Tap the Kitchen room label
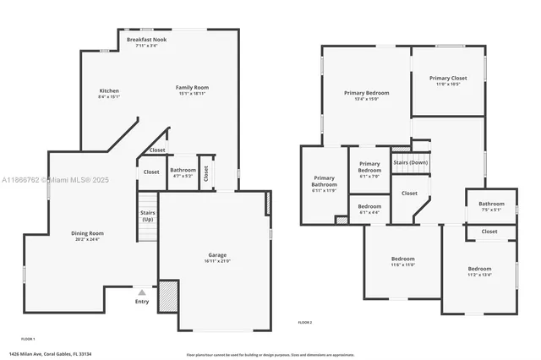click(x=109, y=90)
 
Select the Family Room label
click(x=192, y=87)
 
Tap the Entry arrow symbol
click(x=142, y=292)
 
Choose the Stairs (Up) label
click(x=147, y=215)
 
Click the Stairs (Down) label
click(x=411, y=161)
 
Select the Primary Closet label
click(x=447, y=78)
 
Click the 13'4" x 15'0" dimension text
click(x=365, y=98)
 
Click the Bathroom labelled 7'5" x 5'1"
click(x=491, y=204)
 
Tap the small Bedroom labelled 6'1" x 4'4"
click(x=369, y=207)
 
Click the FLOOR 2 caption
click(x=305, y=323)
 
